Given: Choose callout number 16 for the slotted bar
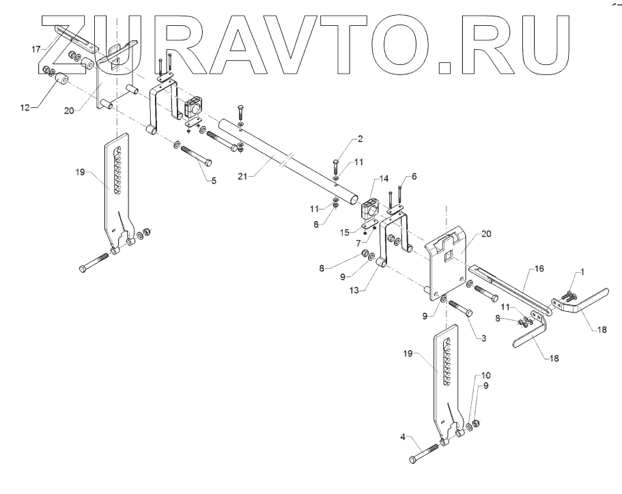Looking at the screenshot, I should (x=539, y=270).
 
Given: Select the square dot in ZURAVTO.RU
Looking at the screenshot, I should (x=444, y=66).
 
